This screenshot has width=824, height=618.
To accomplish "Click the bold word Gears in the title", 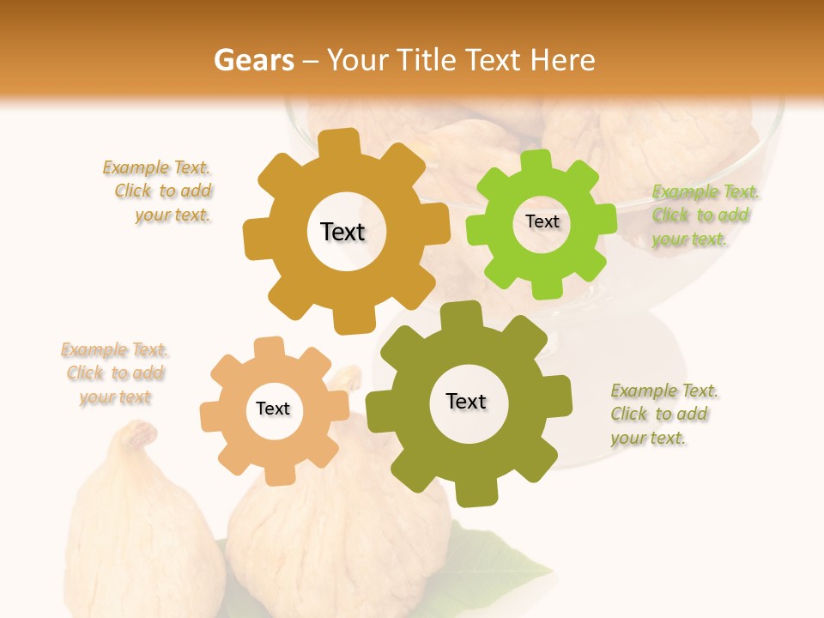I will tap(251, 60).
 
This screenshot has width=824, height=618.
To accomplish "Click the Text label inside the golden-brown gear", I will tap(343, 232).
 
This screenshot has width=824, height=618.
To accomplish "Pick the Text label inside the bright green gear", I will tap(542, 221).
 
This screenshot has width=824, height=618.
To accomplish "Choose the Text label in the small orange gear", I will tap(273, 409).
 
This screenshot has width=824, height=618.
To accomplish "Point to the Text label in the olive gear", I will tap(466, 401).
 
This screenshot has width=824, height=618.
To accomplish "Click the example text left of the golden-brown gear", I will tap(160, 191).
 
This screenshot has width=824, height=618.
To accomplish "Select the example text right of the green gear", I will tap(704, 215).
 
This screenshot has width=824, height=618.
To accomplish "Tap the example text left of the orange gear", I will tap(115, 373).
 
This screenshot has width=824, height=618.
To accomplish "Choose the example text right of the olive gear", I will tap(663, 415).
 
